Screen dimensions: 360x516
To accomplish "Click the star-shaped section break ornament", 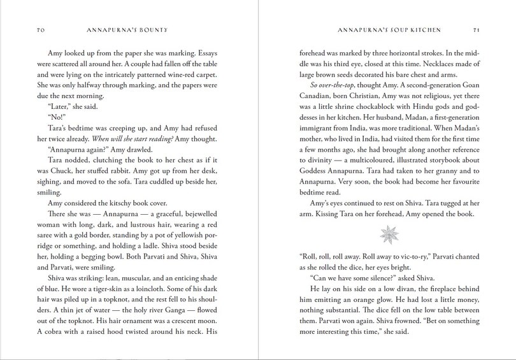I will coord(387,234).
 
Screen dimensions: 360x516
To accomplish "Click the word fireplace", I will coord(436,288).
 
